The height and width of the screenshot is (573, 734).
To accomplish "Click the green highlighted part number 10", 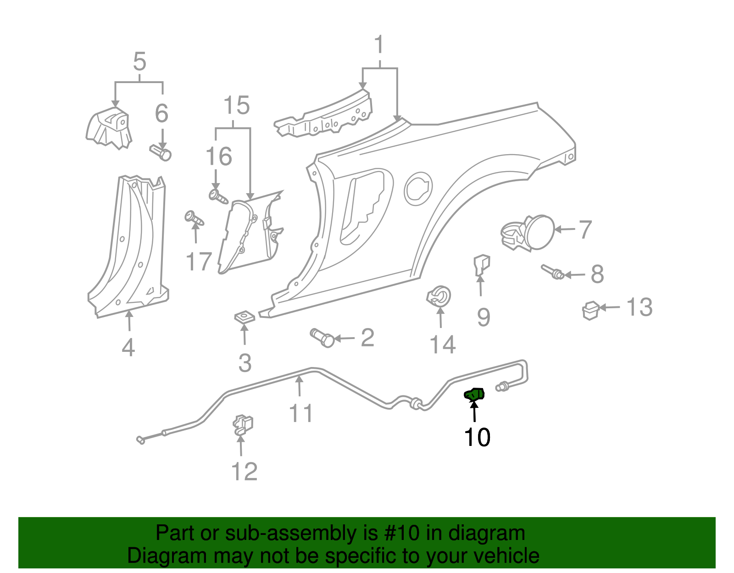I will click(474, 394).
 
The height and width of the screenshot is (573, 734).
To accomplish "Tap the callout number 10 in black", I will click(477, 437).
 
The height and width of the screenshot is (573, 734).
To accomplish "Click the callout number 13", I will click(639, 307).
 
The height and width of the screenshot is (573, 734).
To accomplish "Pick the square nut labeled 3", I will click(245, 317).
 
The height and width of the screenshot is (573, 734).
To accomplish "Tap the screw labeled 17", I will click(194, 218).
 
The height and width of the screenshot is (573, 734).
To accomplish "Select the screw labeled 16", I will click(218, 196).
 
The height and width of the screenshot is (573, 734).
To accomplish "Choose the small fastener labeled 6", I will click(161, 152).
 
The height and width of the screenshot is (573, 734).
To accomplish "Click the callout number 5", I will click(139, 61).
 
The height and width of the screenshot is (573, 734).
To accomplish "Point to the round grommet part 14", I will click(439, 297).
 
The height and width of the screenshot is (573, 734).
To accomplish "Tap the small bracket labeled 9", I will click(481, 265).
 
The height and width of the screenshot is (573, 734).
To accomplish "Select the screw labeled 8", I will click(552, 273).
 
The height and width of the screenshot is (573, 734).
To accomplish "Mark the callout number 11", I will click(301, 413).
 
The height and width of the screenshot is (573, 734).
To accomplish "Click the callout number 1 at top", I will click(379, 45).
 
